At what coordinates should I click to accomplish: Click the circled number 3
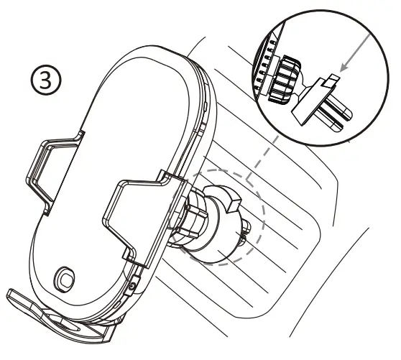46,79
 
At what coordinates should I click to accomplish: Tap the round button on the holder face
65,280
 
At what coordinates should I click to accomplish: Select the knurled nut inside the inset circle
283,80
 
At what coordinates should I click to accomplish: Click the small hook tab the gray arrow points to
331,80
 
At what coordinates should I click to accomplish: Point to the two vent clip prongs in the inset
334,113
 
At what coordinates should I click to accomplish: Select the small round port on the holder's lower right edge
132,286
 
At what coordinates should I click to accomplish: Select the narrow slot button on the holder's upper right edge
206,107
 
